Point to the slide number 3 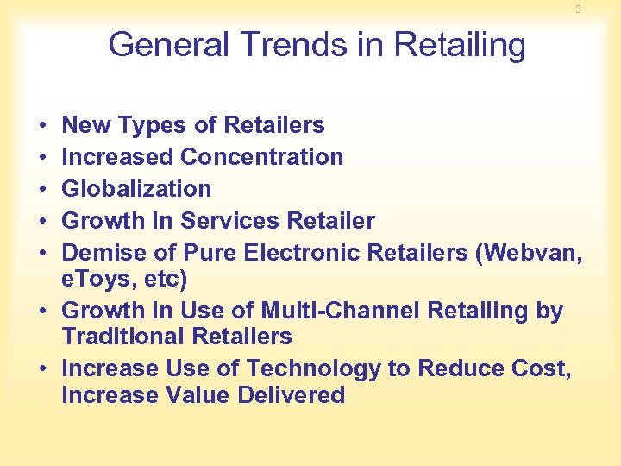(579, 9)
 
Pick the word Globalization (136, 189)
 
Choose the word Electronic (302, 253)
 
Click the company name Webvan (530, 253)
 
